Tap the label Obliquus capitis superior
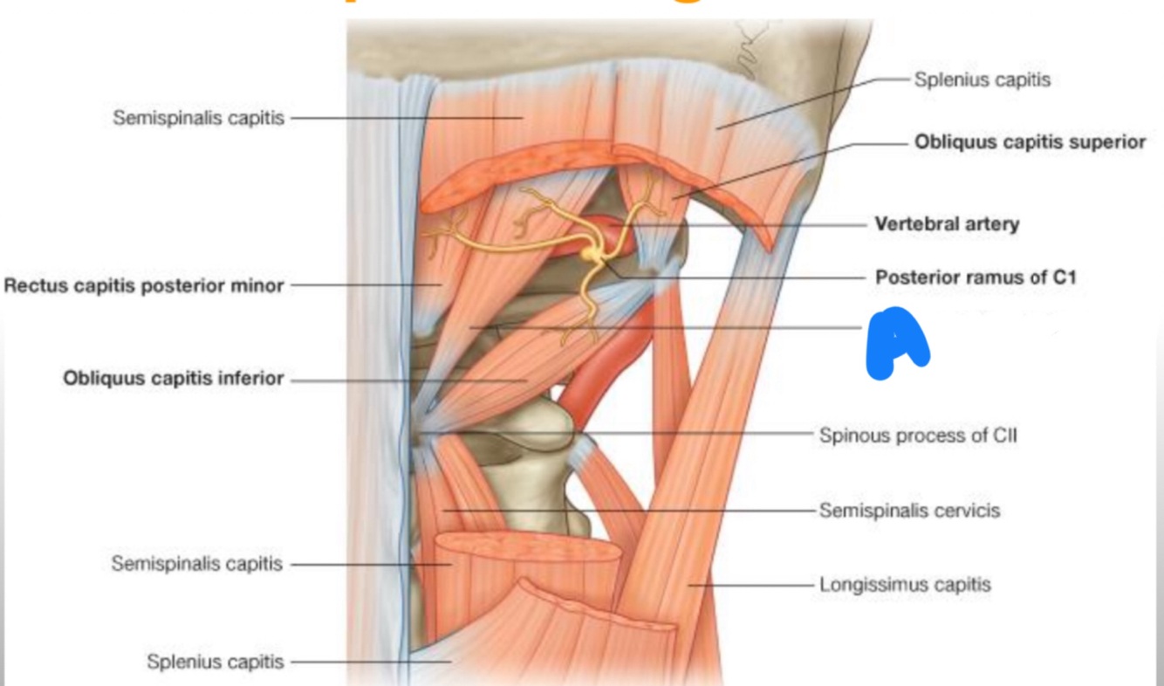point(1030,142)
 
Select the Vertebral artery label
point(947,224)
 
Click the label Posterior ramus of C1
point(976,278)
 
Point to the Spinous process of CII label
point(918,435)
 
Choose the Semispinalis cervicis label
point(909,511)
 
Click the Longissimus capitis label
point(905,584)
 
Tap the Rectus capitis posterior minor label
point(144,285)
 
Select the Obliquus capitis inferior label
point(173,379)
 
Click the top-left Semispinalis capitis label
point(198,118)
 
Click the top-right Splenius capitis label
point(982,79)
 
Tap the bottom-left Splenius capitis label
point(216,662)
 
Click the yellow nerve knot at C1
point(593,254)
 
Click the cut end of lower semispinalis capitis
point(528,548)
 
